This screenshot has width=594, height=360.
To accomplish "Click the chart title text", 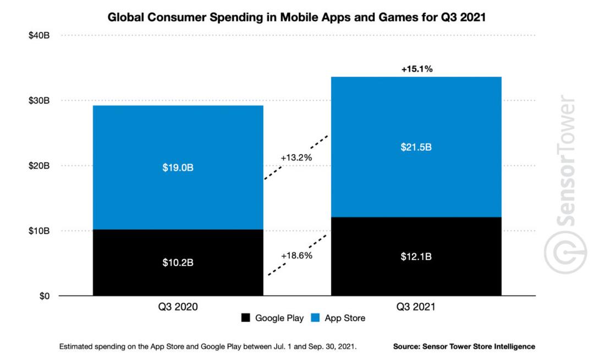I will (297, 17).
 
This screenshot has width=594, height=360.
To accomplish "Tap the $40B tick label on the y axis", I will (39, 36).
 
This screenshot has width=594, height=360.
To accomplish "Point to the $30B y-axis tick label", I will (39, 101).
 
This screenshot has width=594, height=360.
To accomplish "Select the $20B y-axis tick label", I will (39, 166).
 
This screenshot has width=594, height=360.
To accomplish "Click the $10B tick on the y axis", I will (39, 231).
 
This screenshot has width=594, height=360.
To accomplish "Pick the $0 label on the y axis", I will (43, 296).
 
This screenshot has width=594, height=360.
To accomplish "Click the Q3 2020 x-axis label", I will (178, 308).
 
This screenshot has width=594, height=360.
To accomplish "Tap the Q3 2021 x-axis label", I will (416, 308).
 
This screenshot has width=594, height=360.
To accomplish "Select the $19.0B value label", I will (178, 167).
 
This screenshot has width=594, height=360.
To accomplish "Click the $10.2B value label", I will (178, 263).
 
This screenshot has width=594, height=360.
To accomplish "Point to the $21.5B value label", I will (416, 147).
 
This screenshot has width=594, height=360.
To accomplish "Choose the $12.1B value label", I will (416, 257).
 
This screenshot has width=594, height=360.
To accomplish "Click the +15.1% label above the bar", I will (416, 69).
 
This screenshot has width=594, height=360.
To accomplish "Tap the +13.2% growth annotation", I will (296, 158).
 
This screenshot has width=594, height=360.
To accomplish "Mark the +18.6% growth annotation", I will (296, 256).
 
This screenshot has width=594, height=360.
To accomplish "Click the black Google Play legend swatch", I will (245, 318).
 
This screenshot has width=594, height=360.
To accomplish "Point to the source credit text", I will (464, 347).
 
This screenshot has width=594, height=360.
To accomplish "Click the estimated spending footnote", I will (208, 347).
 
